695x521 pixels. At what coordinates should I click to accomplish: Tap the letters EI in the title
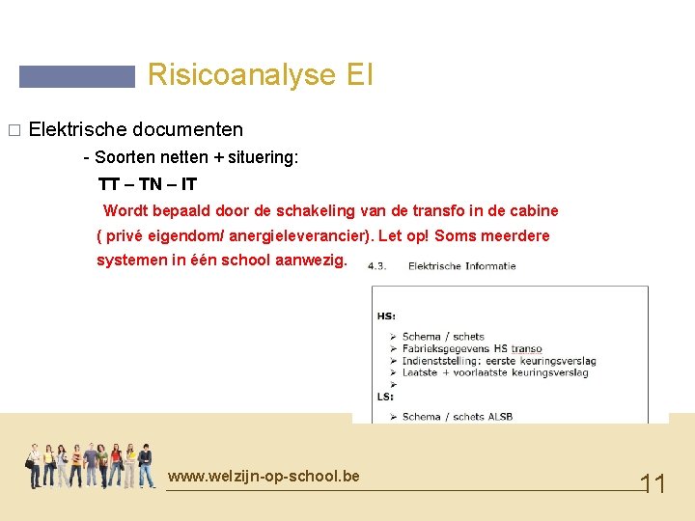(358, 75)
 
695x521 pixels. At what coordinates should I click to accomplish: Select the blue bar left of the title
(77, 77)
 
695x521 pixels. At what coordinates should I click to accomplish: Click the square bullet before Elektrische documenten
(13, 130)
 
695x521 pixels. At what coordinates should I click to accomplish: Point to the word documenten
(187, 129)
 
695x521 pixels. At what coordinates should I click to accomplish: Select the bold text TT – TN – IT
(148, 184)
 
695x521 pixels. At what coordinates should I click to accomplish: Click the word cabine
(532, 211)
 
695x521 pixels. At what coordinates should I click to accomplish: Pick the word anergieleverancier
(295, 236)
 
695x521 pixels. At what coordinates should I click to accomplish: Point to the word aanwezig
(310, 261)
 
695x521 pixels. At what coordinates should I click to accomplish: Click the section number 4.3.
(377, 266)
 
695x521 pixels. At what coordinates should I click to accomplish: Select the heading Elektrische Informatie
(461, 266)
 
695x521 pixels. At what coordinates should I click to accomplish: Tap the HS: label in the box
(386, 315)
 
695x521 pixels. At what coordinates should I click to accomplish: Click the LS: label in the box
(385, 397)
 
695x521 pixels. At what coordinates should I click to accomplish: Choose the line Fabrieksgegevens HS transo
(472, 349)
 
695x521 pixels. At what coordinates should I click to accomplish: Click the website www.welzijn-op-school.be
(263, 477)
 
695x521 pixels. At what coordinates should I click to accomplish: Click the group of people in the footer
(90, 466)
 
